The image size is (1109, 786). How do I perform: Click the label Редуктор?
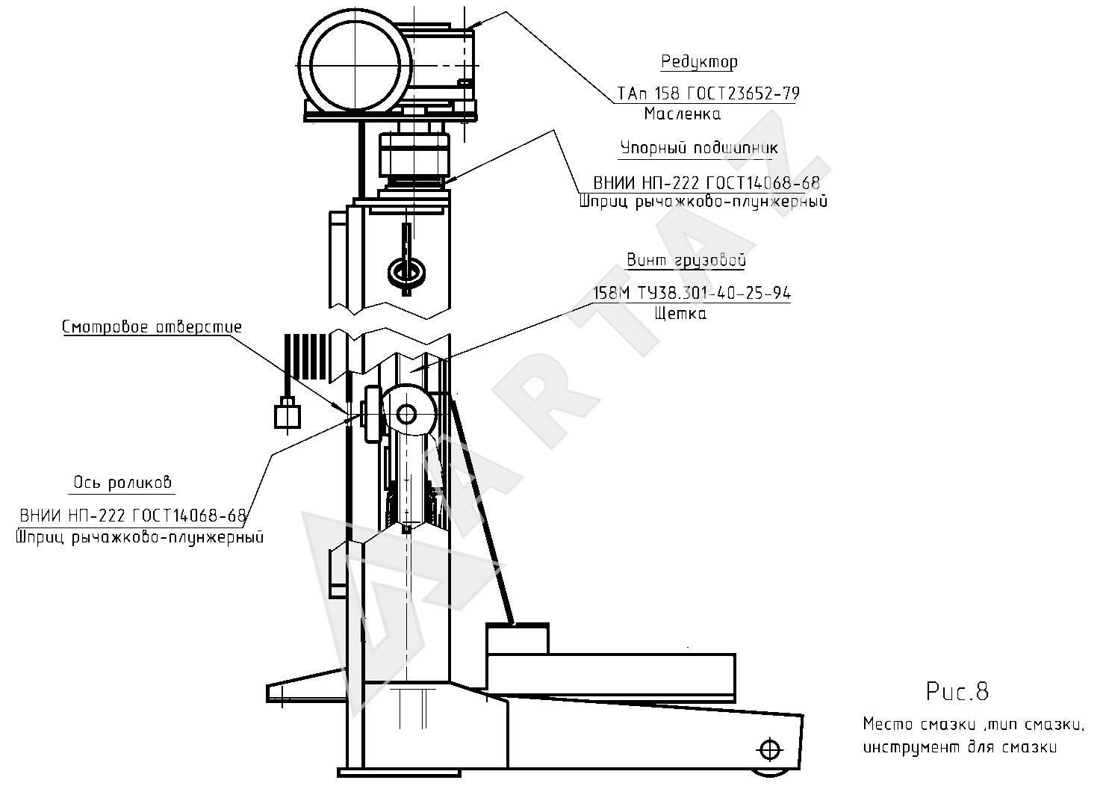[x=699, y=62]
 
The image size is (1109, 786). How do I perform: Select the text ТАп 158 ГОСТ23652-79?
[x=708, y=93]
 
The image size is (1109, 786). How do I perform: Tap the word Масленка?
[x=683, y=114]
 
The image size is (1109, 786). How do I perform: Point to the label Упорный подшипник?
[x=699, y=148]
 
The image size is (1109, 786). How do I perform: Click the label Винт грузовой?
[x=686, y=260]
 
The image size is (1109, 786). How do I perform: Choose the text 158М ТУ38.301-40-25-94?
[x=692, y=294]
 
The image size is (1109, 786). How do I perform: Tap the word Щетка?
[x=680, y=314]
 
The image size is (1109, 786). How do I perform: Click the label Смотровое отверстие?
[x=152, y=327]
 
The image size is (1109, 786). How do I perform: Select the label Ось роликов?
[x=122, y=483]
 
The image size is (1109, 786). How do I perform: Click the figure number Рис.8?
[x=957, y=692]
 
